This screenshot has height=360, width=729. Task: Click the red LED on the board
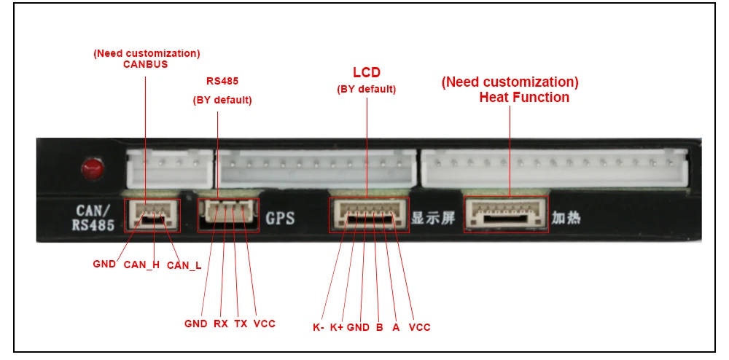click(91, 169)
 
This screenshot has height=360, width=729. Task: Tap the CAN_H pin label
click(141, 265)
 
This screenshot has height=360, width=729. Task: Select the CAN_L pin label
click(184, 266)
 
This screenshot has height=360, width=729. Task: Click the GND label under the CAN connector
click(104, 264)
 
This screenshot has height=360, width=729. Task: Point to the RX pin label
click(221, 323)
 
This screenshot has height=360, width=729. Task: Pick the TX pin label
click(241, 323)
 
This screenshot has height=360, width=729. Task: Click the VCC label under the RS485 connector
click(264, 323)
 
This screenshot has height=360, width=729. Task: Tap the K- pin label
click(319, 327)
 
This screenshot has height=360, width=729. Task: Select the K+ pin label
click(337, 327)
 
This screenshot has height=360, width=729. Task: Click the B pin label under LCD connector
click(379, 327)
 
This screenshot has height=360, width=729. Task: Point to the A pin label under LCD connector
click(396, 327)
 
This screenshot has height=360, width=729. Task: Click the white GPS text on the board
click(280, 217)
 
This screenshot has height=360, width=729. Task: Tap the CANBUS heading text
click(145, 64)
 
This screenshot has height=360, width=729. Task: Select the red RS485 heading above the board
click(222, 81)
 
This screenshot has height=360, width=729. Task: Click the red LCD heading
click(367, 73)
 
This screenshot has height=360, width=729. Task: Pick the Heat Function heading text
click(524, 97)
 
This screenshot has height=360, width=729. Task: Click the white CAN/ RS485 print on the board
click(94, 218)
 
